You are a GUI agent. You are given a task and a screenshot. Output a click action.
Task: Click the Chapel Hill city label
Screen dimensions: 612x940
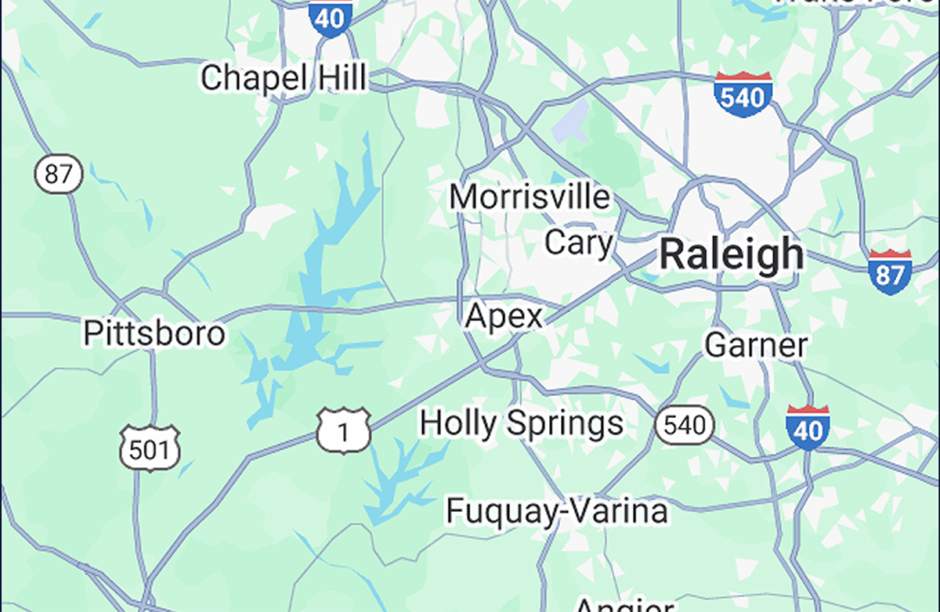coord(283,78)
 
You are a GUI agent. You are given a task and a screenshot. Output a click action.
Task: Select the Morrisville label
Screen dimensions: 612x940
coord(530,196)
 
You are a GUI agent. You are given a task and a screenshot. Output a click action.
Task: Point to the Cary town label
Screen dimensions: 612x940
coord(579,243)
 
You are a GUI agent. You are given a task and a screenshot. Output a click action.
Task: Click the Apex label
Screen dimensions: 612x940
coord(503,317)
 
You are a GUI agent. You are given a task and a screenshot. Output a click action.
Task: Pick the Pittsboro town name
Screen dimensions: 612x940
coord(154,333)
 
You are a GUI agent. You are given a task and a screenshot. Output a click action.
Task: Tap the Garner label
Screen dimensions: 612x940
coord(756,345)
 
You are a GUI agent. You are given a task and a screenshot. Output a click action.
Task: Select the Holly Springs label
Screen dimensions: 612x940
coord(522,423)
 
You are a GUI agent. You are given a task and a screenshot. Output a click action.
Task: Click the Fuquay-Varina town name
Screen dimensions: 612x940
coord(557,511)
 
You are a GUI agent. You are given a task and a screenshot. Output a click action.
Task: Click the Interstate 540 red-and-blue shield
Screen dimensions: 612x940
coord(743,94)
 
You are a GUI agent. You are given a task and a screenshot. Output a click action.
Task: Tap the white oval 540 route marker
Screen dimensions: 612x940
coord(685,426)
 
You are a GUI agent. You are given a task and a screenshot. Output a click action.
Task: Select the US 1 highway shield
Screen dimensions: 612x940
coord(343,430)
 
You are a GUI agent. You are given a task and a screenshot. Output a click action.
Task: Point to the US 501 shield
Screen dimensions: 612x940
coord(150,448)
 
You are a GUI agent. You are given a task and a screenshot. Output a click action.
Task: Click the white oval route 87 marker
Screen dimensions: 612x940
coord(58,174)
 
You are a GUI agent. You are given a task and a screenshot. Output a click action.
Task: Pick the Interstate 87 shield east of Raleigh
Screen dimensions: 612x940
coord(890,272)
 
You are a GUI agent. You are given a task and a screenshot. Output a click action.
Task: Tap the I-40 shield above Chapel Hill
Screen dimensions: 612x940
coord(330,16)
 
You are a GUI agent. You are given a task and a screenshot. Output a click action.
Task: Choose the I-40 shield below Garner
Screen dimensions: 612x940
coord(808,427)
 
